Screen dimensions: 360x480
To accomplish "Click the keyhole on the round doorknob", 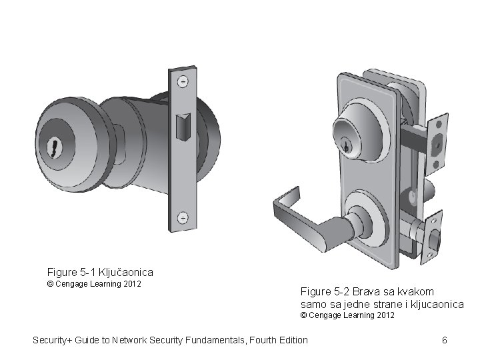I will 52,147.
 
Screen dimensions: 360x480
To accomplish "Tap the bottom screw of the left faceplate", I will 182,217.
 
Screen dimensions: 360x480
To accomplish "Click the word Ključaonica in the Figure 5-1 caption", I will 126,272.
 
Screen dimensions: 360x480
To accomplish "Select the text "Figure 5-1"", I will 71,272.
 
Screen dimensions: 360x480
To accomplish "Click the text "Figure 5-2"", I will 325,291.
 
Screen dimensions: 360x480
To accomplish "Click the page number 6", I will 444,341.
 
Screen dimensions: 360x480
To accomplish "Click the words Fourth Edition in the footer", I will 283,341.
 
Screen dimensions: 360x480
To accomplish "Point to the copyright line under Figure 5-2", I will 347,315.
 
